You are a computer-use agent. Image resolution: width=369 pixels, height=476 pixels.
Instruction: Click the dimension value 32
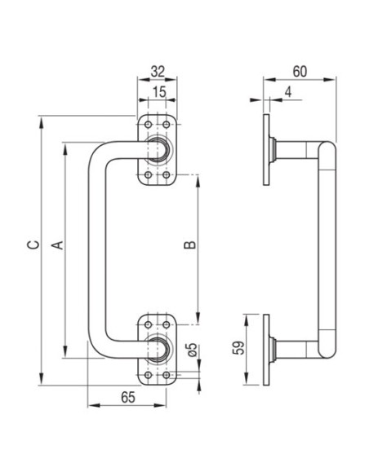pos(158,72)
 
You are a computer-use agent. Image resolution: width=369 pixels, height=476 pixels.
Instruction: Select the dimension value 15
pos(159,92)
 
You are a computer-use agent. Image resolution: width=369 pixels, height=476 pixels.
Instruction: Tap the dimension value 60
pos(300,72)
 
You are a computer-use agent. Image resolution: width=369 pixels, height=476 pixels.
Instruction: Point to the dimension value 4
pos(288,91)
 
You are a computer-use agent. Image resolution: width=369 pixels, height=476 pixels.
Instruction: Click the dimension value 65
pos(128,398)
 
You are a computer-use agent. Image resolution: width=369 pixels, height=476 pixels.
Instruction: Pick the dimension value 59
pos(238,348)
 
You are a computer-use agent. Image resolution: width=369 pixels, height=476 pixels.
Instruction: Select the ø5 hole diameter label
pos(192,350)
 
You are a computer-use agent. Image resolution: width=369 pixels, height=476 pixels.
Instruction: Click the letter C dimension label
pos(33,245)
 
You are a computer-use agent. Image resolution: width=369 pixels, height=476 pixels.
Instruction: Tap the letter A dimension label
pos(57,245)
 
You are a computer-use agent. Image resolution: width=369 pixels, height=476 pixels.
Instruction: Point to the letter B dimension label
pos(190,245)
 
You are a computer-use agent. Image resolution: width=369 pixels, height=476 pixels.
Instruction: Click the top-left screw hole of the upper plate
pos(148,125)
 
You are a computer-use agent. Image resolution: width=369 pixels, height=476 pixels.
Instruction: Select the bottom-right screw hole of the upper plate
pos(167,175)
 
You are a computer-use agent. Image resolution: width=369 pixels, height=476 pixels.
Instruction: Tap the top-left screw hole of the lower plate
pos(148,325)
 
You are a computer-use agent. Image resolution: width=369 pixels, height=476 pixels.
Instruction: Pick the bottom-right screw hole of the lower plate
pos(167,375)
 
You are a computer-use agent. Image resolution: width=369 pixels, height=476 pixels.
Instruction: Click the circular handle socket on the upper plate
pos(157,150)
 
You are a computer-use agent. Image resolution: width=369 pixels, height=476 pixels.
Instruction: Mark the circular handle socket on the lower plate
pos(157,350)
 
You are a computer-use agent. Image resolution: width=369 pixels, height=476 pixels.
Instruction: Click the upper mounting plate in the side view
pos(266,150)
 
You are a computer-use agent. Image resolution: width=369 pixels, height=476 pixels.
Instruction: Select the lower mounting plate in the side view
pos(266,350)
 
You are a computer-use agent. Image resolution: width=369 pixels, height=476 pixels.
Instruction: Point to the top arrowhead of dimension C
pos(42,122)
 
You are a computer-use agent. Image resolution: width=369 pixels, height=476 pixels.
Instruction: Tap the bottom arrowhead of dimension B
pos(198,319)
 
